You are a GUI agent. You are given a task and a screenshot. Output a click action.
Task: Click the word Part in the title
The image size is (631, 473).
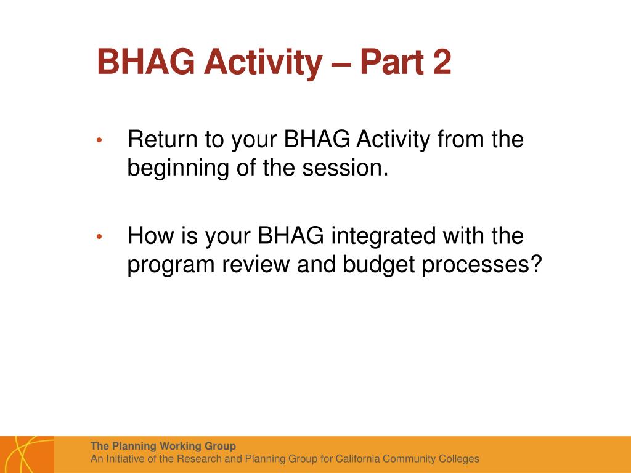[x=391, y=62]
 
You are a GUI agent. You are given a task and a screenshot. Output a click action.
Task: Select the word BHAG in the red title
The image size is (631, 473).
[x=145, y=62]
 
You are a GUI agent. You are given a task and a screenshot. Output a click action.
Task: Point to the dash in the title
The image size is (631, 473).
[x=341, y=64]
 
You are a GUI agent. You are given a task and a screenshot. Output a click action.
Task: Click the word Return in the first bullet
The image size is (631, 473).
[x=163, y=139]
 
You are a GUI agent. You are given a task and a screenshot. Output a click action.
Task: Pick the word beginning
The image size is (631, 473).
[x=178, y=168]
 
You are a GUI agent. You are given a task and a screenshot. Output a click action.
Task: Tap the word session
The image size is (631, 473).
[x=346, y=168]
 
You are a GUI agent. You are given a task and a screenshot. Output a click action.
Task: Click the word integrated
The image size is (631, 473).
[x=383, y=236]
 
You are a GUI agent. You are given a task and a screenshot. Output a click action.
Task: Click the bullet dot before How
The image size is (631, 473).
[x=99, y=236]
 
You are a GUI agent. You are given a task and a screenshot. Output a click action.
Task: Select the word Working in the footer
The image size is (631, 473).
[x=180, y=447]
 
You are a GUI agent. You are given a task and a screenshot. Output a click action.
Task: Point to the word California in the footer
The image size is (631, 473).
[x=358, y=459]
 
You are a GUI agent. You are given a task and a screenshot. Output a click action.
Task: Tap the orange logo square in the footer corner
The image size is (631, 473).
[x=27, y=455]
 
